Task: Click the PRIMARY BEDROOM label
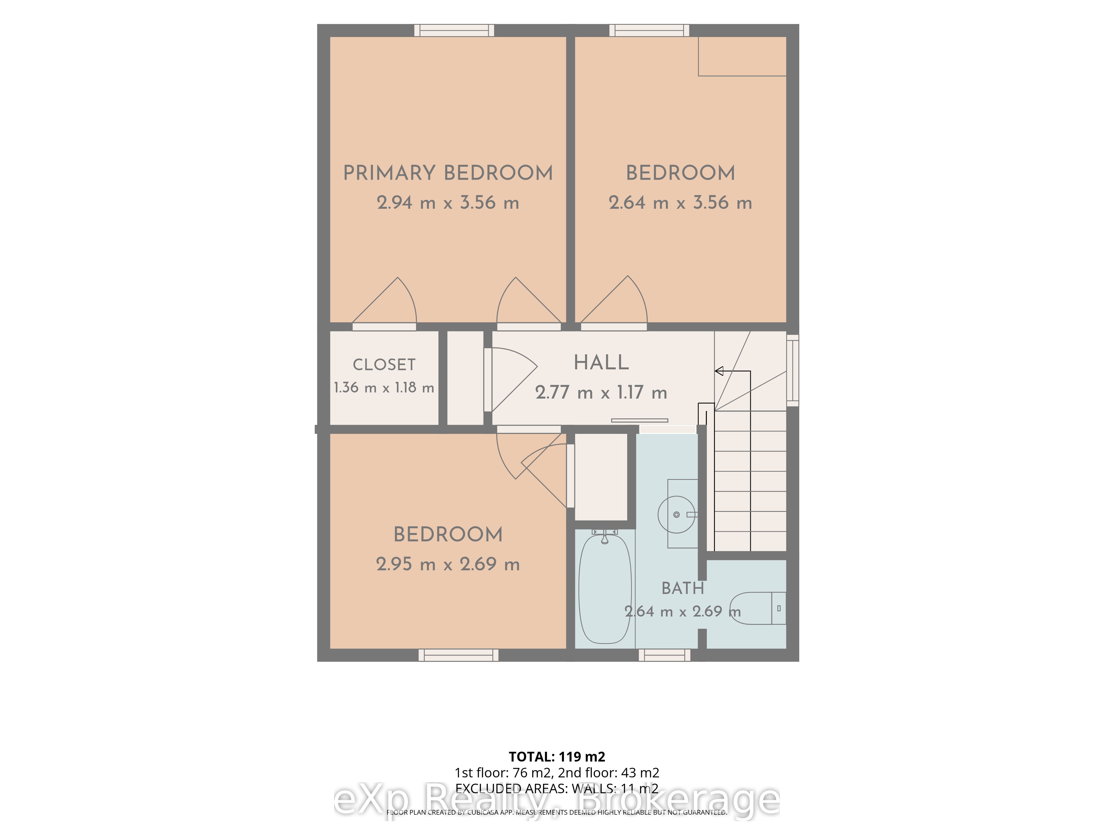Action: point(448,173)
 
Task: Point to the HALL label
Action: point(601,362)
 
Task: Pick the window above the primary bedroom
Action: point(454,30)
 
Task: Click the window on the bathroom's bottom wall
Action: point(665,655)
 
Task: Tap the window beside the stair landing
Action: point(793,370)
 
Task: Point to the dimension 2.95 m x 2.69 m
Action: point(448,564)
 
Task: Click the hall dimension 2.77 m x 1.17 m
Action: point(601,392)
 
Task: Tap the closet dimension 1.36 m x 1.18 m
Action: point(384,387)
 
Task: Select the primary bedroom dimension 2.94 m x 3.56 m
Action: point(448,203)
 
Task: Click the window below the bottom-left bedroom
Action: point(458,655)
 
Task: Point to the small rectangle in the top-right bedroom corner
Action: point(742,57)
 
